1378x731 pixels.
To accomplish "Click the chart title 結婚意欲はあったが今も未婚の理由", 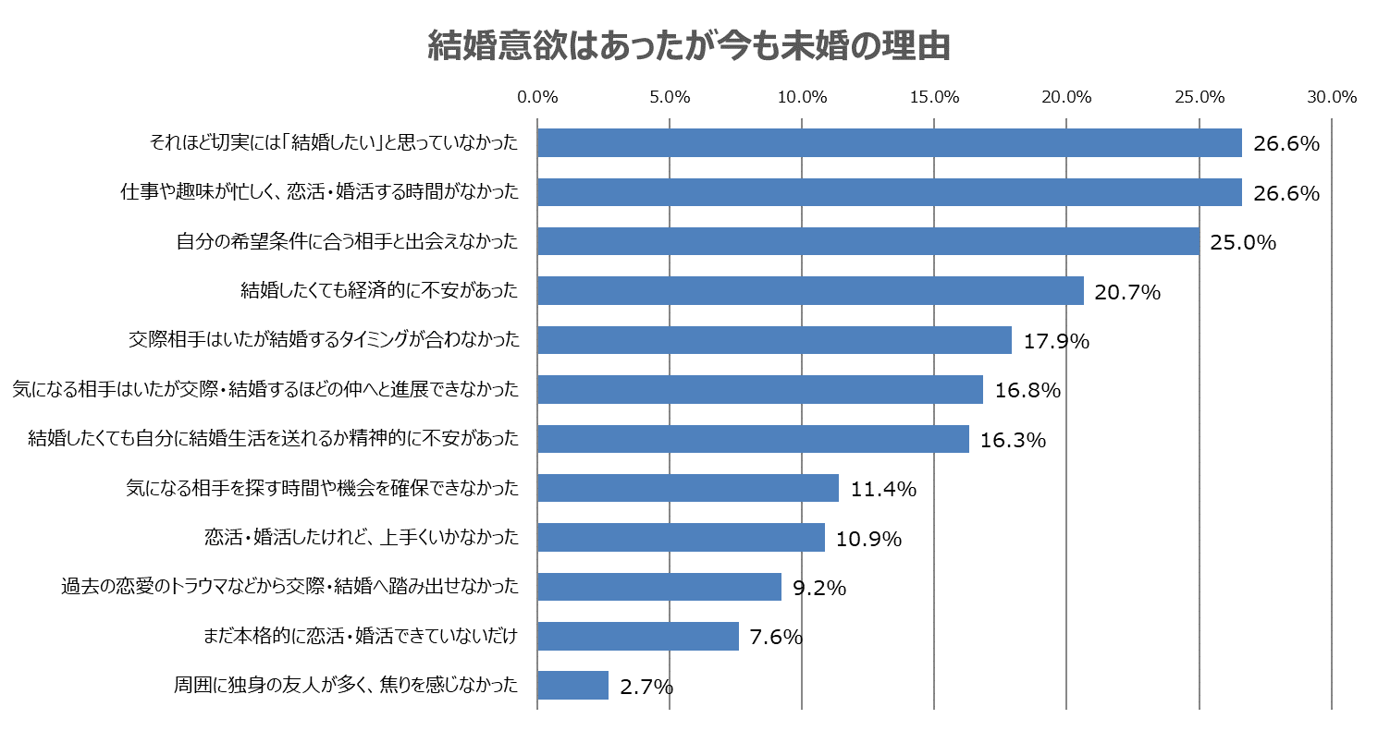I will click(689, 46).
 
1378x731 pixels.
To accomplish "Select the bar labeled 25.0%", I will click(867, 242).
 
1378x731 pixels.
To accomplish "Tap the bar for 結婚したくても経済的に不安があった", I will click(810, 291).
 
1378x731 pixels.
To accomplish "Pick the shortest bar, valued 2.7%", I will click(572, 686).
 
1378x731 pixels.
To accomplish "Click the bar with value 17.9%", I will click(774, 340).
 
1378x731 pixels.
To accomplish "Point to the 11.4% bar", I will click(687, 488).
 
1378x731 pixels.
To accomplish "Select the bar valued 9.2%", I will click(658, 587).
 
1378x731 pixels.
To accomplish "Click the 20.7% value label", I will click(1126, 293).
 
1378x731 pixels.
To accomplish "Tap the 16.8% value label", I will click(1027, 391).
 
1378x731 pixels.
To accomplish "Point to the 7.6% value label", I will click(776, 638).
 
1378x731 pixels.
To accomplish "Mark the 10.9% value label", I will click(868, 539).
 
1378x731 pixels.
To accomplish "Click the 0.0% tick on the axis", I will click(537, 97).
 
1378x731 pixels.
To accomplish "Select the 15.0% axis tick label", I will click(934, 97).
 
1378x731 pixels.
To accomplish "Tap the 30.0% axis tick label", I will click(1331, 97).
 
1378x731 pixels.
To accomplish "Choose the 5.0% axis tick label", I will click(670, 97).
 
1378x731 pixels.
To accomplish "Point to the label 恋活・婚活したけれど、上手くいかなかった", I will click(361, 538).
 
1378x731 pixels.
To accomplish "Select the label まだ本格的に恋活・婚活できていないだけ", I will click(360, 636).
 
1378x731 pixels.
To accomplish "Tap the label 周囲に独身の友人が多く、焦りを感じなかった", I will click(346, 686).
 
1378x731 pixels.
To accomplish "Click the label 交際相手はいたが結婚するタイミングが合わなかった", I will click(323, 340).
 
